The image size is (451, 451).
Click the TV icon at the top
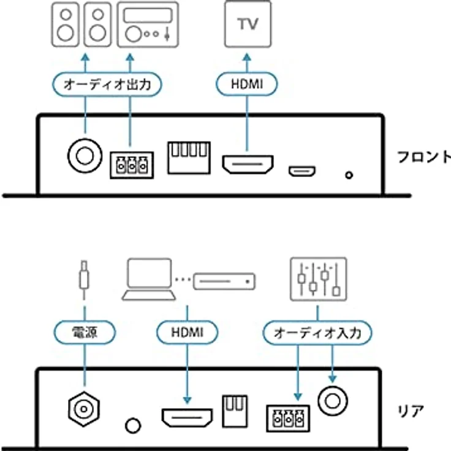point(248,25)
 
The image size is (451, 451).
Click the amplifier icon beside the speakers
point(148,25)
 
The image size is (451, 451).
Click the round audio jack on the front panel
point(84,154)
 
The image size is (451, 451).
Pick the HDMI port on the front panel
point(247,164)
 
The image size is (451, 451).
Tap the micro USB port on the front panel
point(303,170)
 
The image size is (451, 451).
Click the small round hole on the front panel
point(349,175)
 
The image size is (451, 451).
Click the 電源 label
point(84,333)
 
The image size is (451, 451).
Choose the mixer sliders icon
point(318,279)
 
